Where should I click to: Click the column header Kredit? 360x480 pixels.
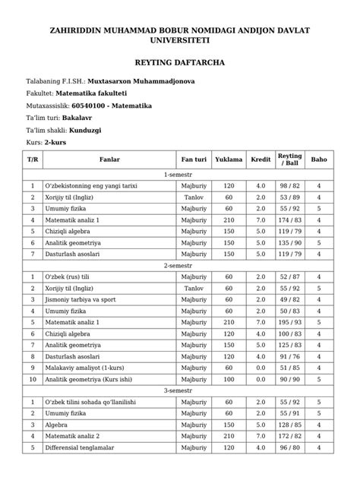point(261,159)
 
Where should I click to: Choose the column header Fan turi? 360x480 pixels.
point(194,159)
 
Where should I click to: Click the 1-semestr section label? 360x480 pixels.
point(180,174)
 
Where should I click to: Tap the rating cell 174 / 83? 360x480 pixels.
point(291,219)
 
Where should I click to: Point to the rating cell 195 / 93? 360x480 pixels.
point(291,322)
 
